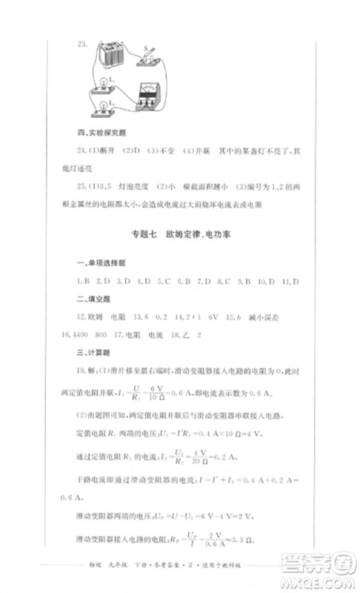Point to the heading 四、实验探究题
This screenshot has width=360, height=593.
101,133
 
